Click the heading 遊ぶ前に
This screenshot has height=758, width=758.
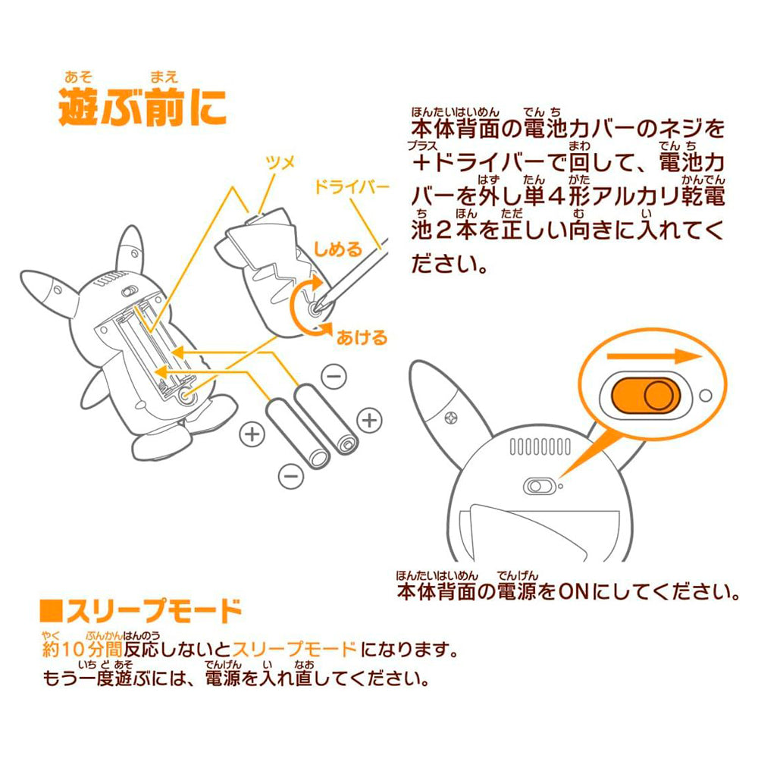pyautogui.click(x=143, y=107)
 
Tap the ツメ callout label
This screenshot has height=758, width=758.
pyautogui.click(x=280, y=163)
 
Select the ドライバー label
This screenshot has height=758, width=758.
pyautogui.click(x=352, y=186)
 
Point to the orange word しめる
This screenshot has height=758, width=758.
pyautogui.click(x=338, y=249)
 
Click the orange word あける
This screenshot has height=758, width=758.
pyautogui.click(x=362, y=337)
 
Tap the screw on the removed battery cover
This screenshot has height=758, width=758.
pyautogui.click(x=315, y=308)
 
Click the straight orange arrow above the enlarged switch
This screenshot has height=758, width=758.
pyautogui.click(x=654, y=356)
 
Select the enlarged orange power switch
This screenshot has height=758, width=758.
pyautogui.click(x=645, y=395)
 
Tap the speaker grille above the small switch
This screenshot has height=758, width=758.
pyautogui.click(x=540, y=446)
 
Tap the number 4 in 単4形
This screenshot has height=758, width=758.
pyautogui.click(x=557, y=196)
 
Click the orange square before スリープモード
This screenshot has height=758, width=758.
pyautogui.click(x=52, y=611)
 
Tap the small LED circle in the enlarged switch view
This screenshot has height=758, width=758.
pyautogui.click(x=705, y=396)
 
